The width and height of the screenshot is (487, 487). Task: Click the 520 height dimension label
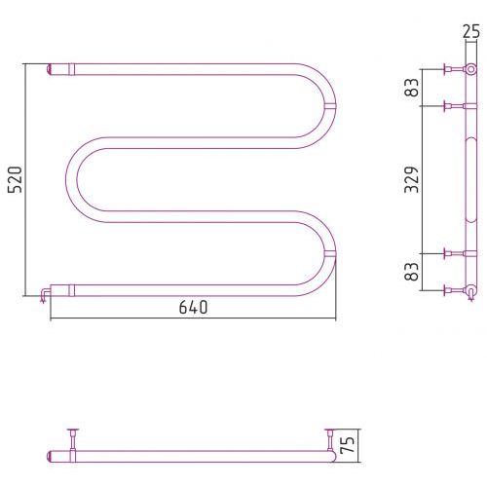pos(15,180)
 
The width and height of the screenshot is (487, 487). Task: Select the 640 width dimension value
pos(193,308)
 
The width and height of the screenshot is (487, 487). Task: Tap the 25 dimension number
pos(471,32)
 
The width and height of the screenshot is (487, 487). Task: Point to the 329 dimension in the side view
pos(412,180)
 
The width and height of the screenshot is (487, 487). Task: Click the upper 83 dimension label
pos(412,88)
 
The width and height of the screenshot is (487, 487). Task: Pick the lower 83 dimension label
pos(412,272)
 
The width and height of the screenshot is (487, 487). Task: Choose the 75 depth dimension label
pos(347,445)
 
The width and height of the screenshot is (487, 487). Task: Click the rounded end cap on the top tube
pos(49,69)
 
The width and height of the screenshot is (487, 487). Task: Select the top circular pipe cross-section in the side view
pos(470,69)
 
